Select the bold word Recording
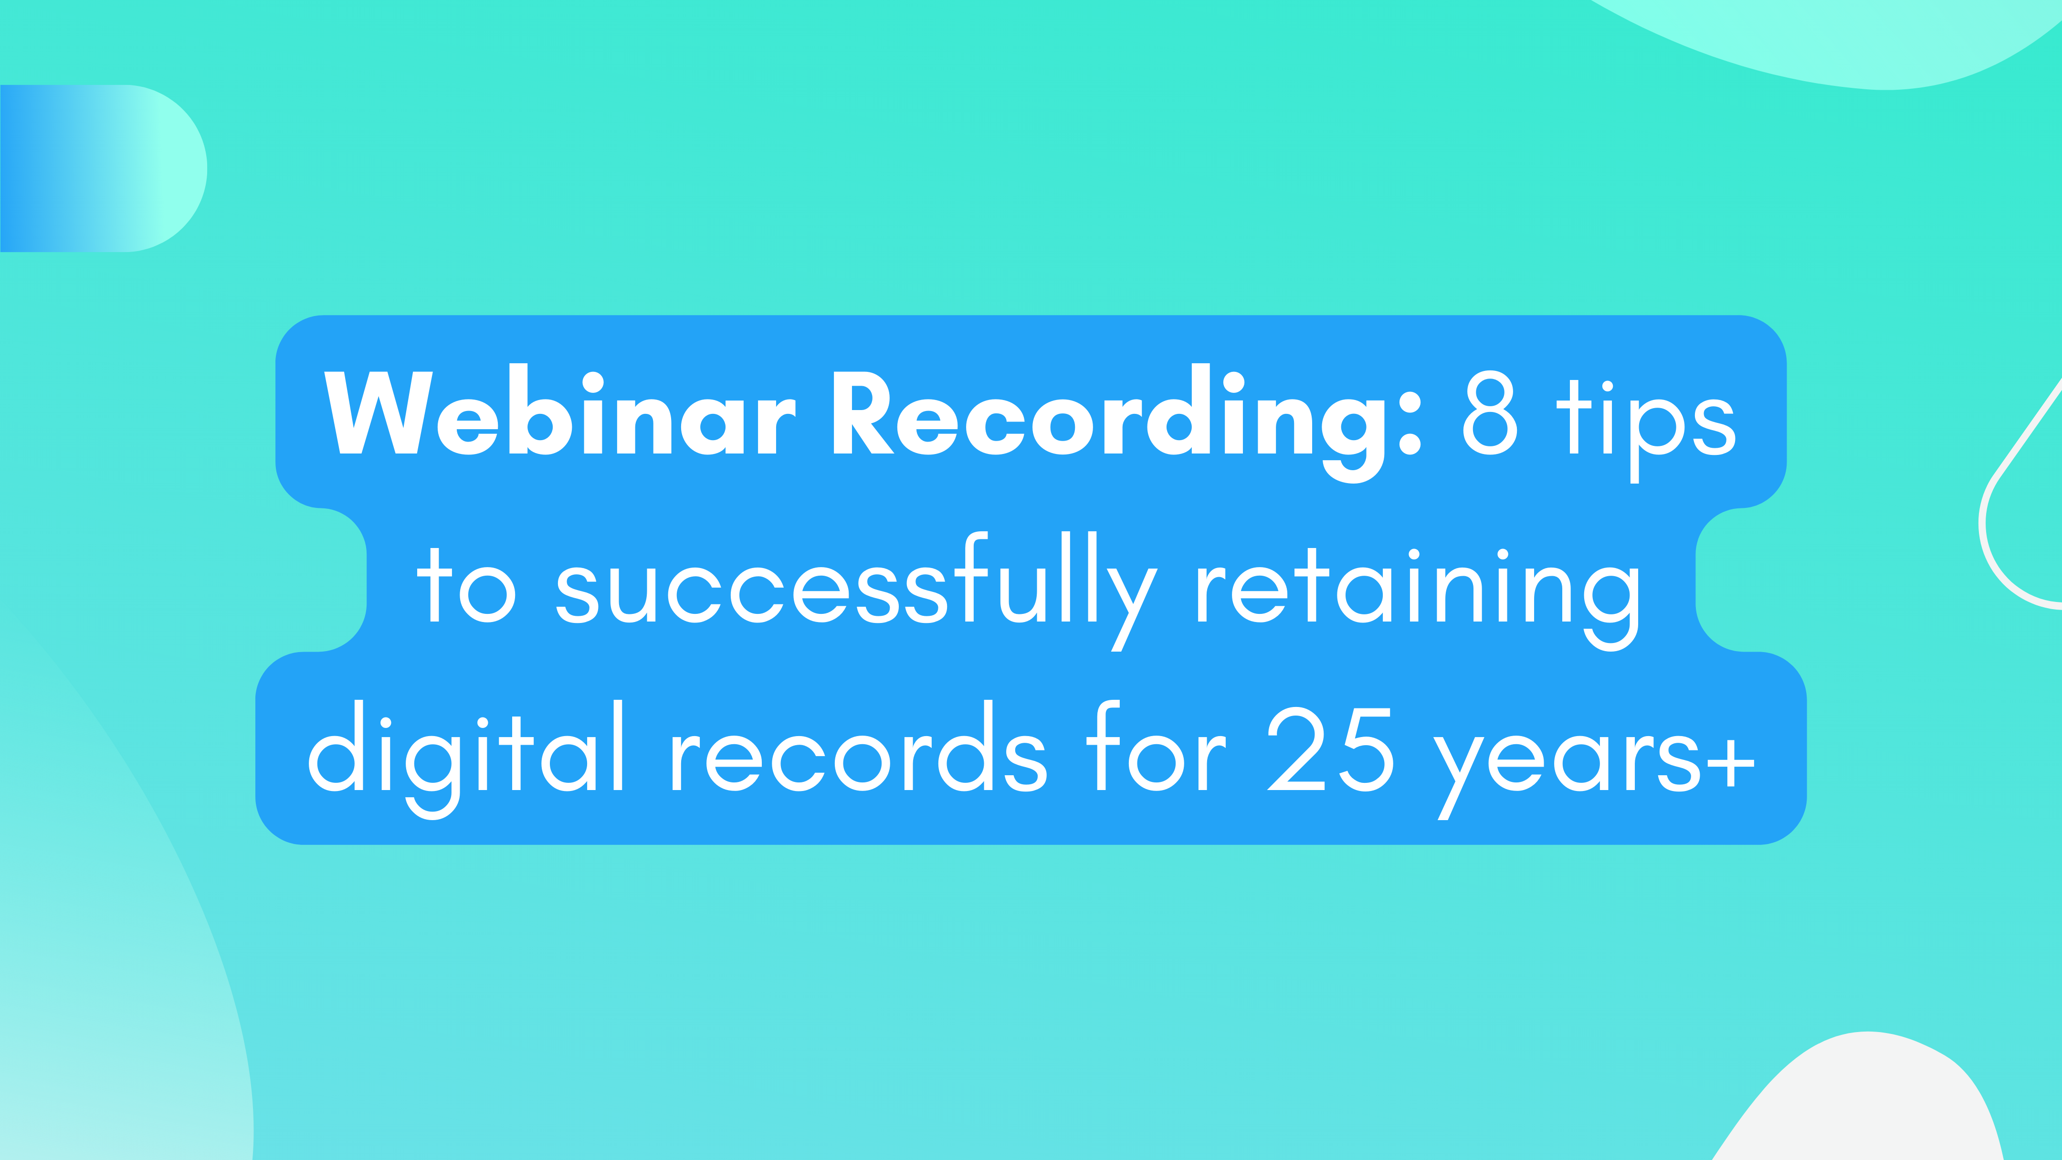tap(1109, 416)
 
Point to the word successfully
tap(856, 589)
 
